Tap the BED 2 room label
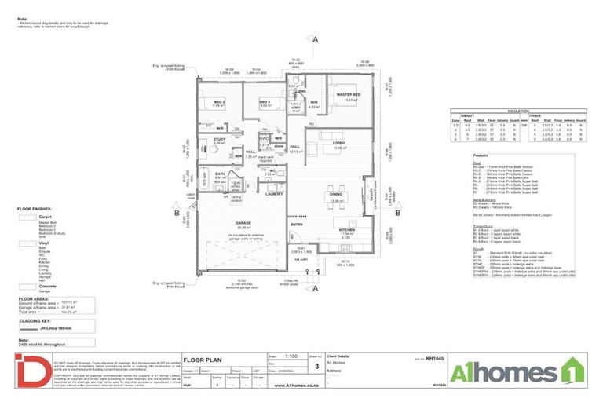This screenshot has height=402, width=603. click(219, 101)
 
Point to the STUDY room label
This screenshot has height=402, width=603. click(219, 139)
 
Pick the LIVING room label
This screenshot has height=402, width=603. click(338, 142)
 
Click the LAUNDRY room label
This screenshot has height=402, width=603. click(274, 193)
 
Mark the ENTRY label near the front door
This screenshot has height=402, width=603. click(297, 224)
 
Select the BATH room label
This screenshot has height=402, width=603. click(221, 174)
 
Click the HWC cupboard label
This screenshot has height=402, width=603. click(264, 138)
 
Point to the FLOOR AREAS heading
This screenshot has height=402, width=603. click(34, 298)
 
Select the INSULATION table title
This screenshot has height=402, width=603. click(517, 111)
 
